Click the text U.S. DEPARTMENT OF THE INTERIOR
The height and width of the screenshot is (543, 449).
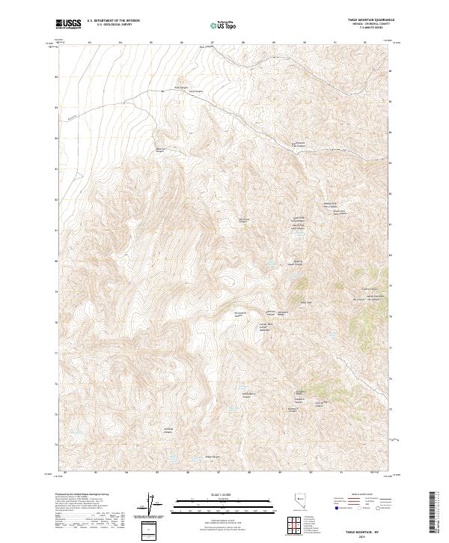[113, 20]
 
